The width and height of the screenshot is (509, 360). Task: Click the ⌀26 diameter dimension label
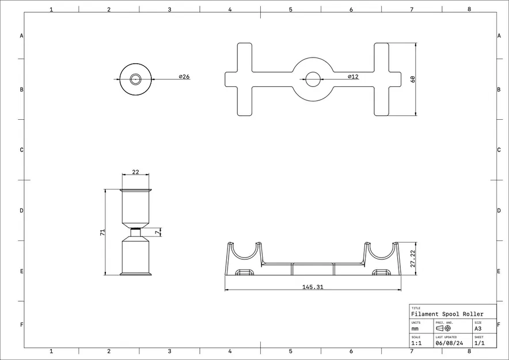(x=184, y=77)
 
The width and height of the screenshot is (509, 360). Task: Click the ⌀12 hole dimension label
(x=353, y=77)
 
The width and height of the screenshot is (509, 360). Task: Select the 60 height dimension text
(x=412, y=79)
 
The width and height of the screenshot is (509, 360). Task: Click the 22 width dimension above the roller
(x=136, y=172)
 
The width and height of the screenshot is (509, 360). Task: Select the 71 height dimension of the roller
(x=102, y=232)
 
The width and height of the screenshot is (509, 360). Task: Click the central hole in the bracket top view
(x=313, y=79)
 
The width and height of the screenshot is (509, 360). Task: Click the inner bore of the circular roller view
(x=136, y=79)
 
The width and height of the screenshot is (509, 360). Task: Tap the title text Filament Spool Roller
(x=447, y=314)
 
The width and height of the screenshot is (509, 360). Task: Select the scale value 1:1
(x=416, y=343)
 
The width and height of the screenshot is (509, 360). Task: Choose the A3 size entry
(x=478, y=328)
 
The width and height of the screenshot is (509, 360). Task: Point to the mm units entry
(x=415, y=328)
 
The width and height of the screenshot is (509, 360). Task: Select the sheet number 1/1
(x=479, y=343)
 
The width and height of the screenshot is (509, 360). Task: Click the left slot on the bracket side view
(x=245, y=272)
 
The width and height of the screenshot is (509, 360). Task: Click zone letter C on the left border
(x=22, y=150)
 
